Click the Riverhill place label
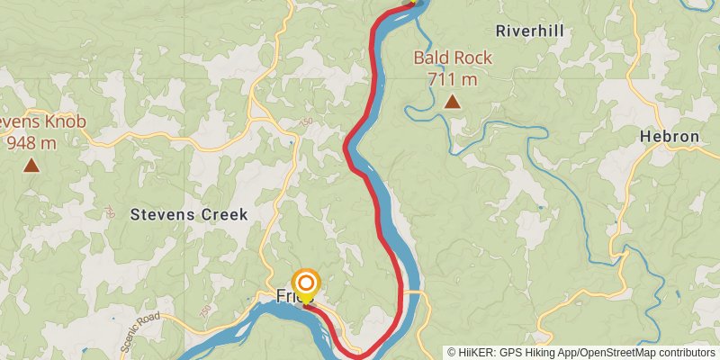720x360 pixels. pyautogui.click(x=529, y=31)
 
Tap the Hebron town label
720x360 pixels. pyautogui.click(x=669, y=137)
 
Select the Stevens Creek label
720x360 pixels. pyautogui.click(x=189, y=214)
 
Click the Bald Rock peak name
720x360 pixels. pyautogui.click(x=453, y=58)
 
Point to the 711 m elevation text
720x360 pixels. pyautogui.click(x=453, y=79)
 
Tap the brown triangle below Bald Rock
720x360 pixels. pyautogui.click(x=453, y=102)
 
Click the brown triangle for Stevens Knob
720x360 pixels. pyautogui.click(x=31, y=165)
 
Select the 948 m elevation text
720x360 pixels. pyautogui.click(x=32, y=142)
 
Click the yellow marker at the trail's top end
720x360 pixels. pyautogui.click(x=413, y=2)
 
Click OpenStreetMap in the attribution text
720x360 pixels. pyautogui.click(x=611, y=353)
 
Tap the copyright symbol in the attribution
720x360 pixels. pyautogui.click(x=452, y=353)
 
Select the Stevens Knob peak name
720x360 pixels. pyautogui.click(x=27, y=122)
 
